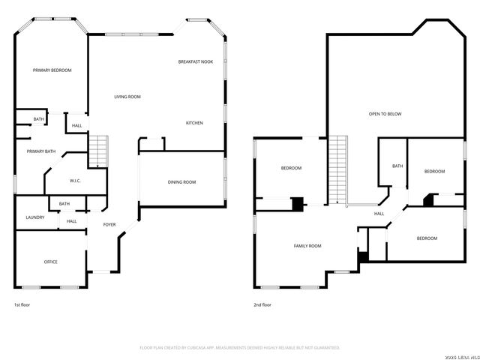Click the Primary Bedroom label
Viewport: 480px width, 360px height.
click(x=52, y=70)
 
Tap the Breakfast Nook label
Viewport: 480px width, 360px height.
click(x=196, y=61)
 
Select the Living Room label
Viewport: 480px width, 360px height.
click(x=127, y=97)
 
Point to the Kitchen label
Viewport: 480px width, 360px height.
click(x=195, y=122)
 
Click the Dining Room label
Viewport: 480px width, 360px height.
click(x=181, y=182)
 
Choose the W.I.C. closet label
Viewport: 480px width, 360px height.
click(x=75, y=181)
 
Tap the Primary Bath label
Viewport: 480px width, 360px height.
click(x=41, y=151)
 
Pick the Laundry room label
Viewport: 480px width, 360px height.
click(x=35, y=217)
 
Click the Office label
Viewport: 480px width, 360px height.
click(x=50, y=262)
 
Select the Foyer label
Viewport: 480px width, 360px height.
click(x=109, y=224)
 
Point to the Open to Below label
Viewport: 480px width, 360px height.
click(x=385, y=114)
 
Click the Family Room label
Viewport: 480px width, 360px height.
click(x=307, y=246)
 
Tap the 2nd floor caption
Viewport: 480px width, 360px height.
click(x=262, y=305)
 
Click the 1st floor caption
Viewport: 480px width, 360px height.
click(x=22, y=305)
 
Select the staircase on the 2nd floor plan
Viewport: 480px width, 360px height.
click(x=340, y=169)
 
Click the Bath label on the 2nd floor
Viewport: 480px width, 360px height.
click(x=397, y=166)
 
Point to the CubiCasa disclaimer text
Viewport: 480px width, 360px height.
click(x=240, y=347)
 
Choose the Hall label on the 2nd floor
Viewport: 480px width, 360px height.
click(x=379, y=214)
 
